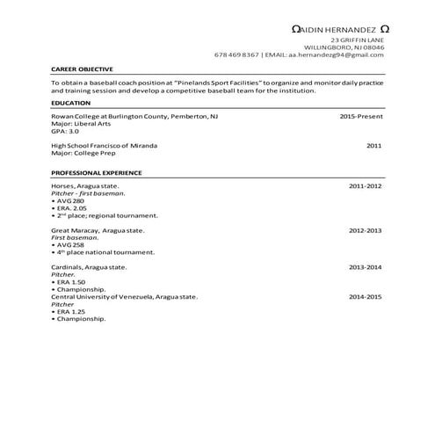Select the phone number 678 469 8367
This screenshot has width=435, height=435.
[x=236, y=54]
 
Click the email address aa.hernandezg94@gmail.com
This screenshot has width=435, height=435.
[x=337, y=54]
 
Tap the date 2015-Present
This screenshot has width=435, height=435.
[x=360, y=116]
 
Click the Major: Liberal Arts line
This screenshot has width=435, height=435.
[x=80, y=124]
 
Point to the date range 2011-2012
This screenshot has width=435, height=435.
[x=365, y=186]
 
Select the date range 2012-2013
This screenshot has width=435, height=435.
[x=365, y=230]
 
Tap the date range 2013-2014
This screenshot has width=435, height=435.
[x=365, y=266]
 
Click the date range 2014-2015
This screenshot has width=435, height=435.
[x=365, y=297]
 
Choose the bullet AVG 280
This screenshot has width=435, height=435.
[x=71, y=200]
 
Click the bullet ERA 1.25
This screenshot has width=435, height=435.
[x=71, y=311]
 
